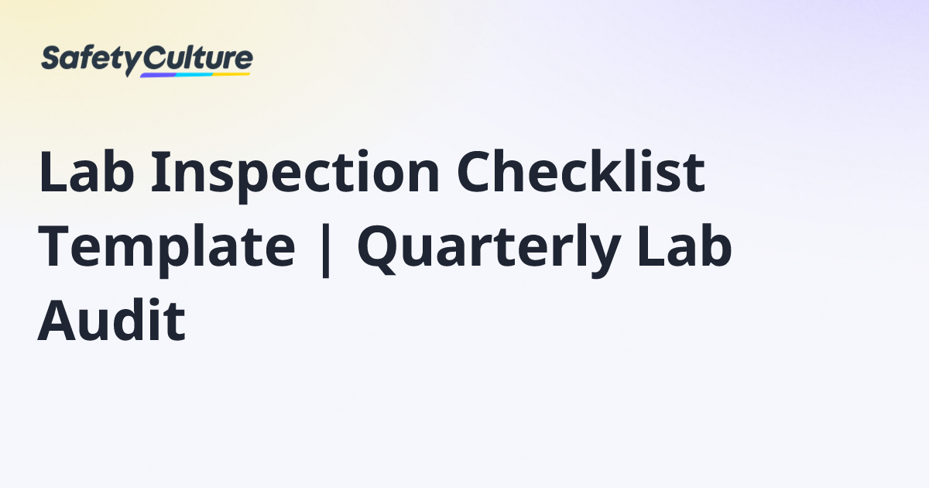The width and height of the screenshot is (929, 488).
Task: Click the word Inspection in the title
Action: (295, 175)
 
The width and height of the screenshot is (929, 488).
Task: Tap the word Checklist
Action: (581, 171)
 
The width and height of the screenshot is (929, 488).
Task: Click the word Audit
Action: (111, 320)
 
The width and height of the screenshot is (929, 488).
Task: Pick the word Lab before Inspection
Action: (87, 171)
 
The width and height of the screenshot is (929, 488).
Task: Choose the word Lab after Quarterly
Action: (684, 245)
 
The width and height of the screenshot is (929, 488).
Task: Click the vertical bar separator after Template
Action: (326, 250)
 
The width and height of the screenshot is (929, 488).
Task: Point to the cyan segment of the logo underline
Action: (194, 74)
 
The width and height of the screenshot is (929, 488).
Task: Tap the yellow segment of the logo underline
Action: (231, 74)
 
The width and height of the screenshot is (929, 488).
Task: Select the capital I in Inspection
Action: (162, 171)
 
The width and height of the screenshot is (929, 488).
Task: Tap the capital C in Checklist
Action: (475, 171)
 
